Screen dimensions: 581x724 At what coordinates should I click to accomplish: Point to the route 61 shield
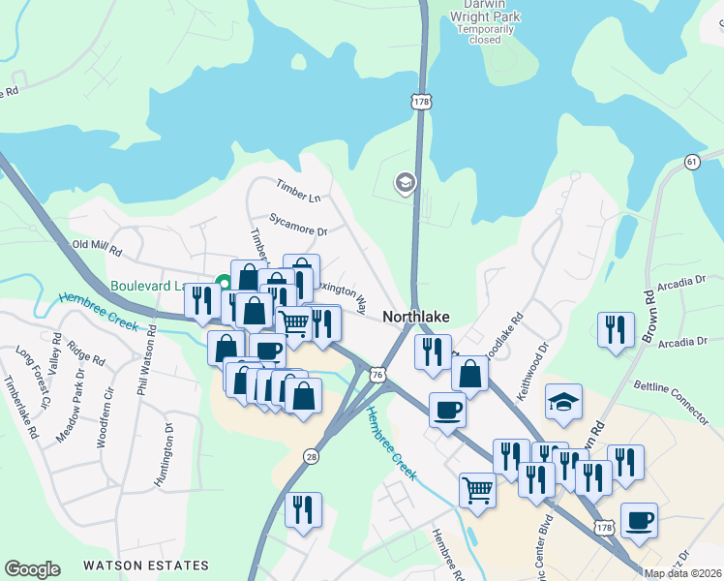[692, 162]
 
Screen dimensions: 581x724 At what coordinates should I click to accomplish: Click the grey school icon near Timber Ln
[404, 182]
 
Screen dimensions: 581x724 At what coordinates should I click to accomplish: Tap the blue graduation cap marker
[563, 402]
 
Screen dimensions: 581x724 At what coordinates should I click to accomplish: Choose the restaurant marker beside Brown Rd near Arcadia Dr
[616, 329]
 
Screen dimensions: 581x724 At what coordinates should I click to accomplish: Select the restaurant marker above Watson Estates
[303, 510]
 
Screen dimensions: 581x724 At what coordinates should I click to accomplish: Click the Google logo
[32, 569]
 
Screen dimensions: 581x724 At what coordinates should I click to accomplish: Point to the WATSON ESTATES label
[145, 566]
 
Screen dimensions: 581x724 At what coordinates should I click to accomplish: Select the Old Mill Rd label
[97, 249]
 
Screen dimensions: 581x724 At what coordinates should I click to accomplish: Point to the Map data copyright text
[683, 573]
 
